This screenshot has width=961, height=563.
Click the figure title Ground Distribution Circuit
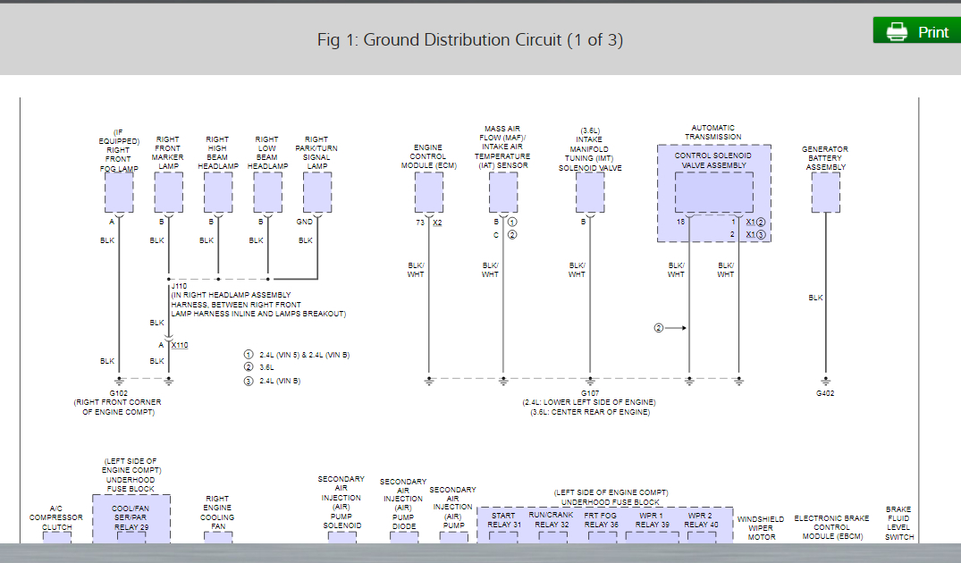[470, 39]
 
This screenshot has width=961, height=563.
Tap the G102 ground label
[118, 393]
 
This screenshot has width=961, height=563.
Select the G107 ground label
[590, 393]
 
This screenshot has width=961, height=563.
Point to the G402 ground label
[825, 393]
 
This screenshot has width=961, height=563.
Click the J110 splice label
[179, 287]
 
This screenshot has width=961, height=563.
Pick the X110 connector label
[179, 345]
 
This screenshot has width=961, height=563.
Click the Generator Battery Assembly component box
[825, 192]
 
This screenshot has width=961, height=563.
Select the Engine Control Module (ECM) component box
[428, 192]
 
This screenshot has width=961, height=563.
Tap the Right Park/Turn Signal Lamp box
[317, 192]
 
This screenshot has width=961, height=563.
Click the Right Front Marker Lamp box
[168, 192]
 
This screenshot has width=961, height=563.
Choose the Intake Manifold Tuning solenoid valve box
[590, 192]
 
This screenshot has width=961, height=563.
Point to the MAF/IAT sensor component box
[503, 192]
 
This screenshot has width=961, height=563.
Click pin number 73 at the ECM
[419, 223]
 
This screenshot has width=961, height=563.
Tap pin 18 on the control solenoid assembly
[680, 222]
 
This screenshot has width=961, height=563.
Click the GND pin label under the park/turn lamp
[305, 222]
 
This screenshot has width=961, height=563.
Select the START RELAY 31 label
[503, 519]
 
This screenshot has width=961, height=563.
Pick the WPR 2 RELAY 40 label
[701, 519]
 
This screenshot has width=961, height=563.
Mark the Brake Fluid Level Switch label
[898, 523]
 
